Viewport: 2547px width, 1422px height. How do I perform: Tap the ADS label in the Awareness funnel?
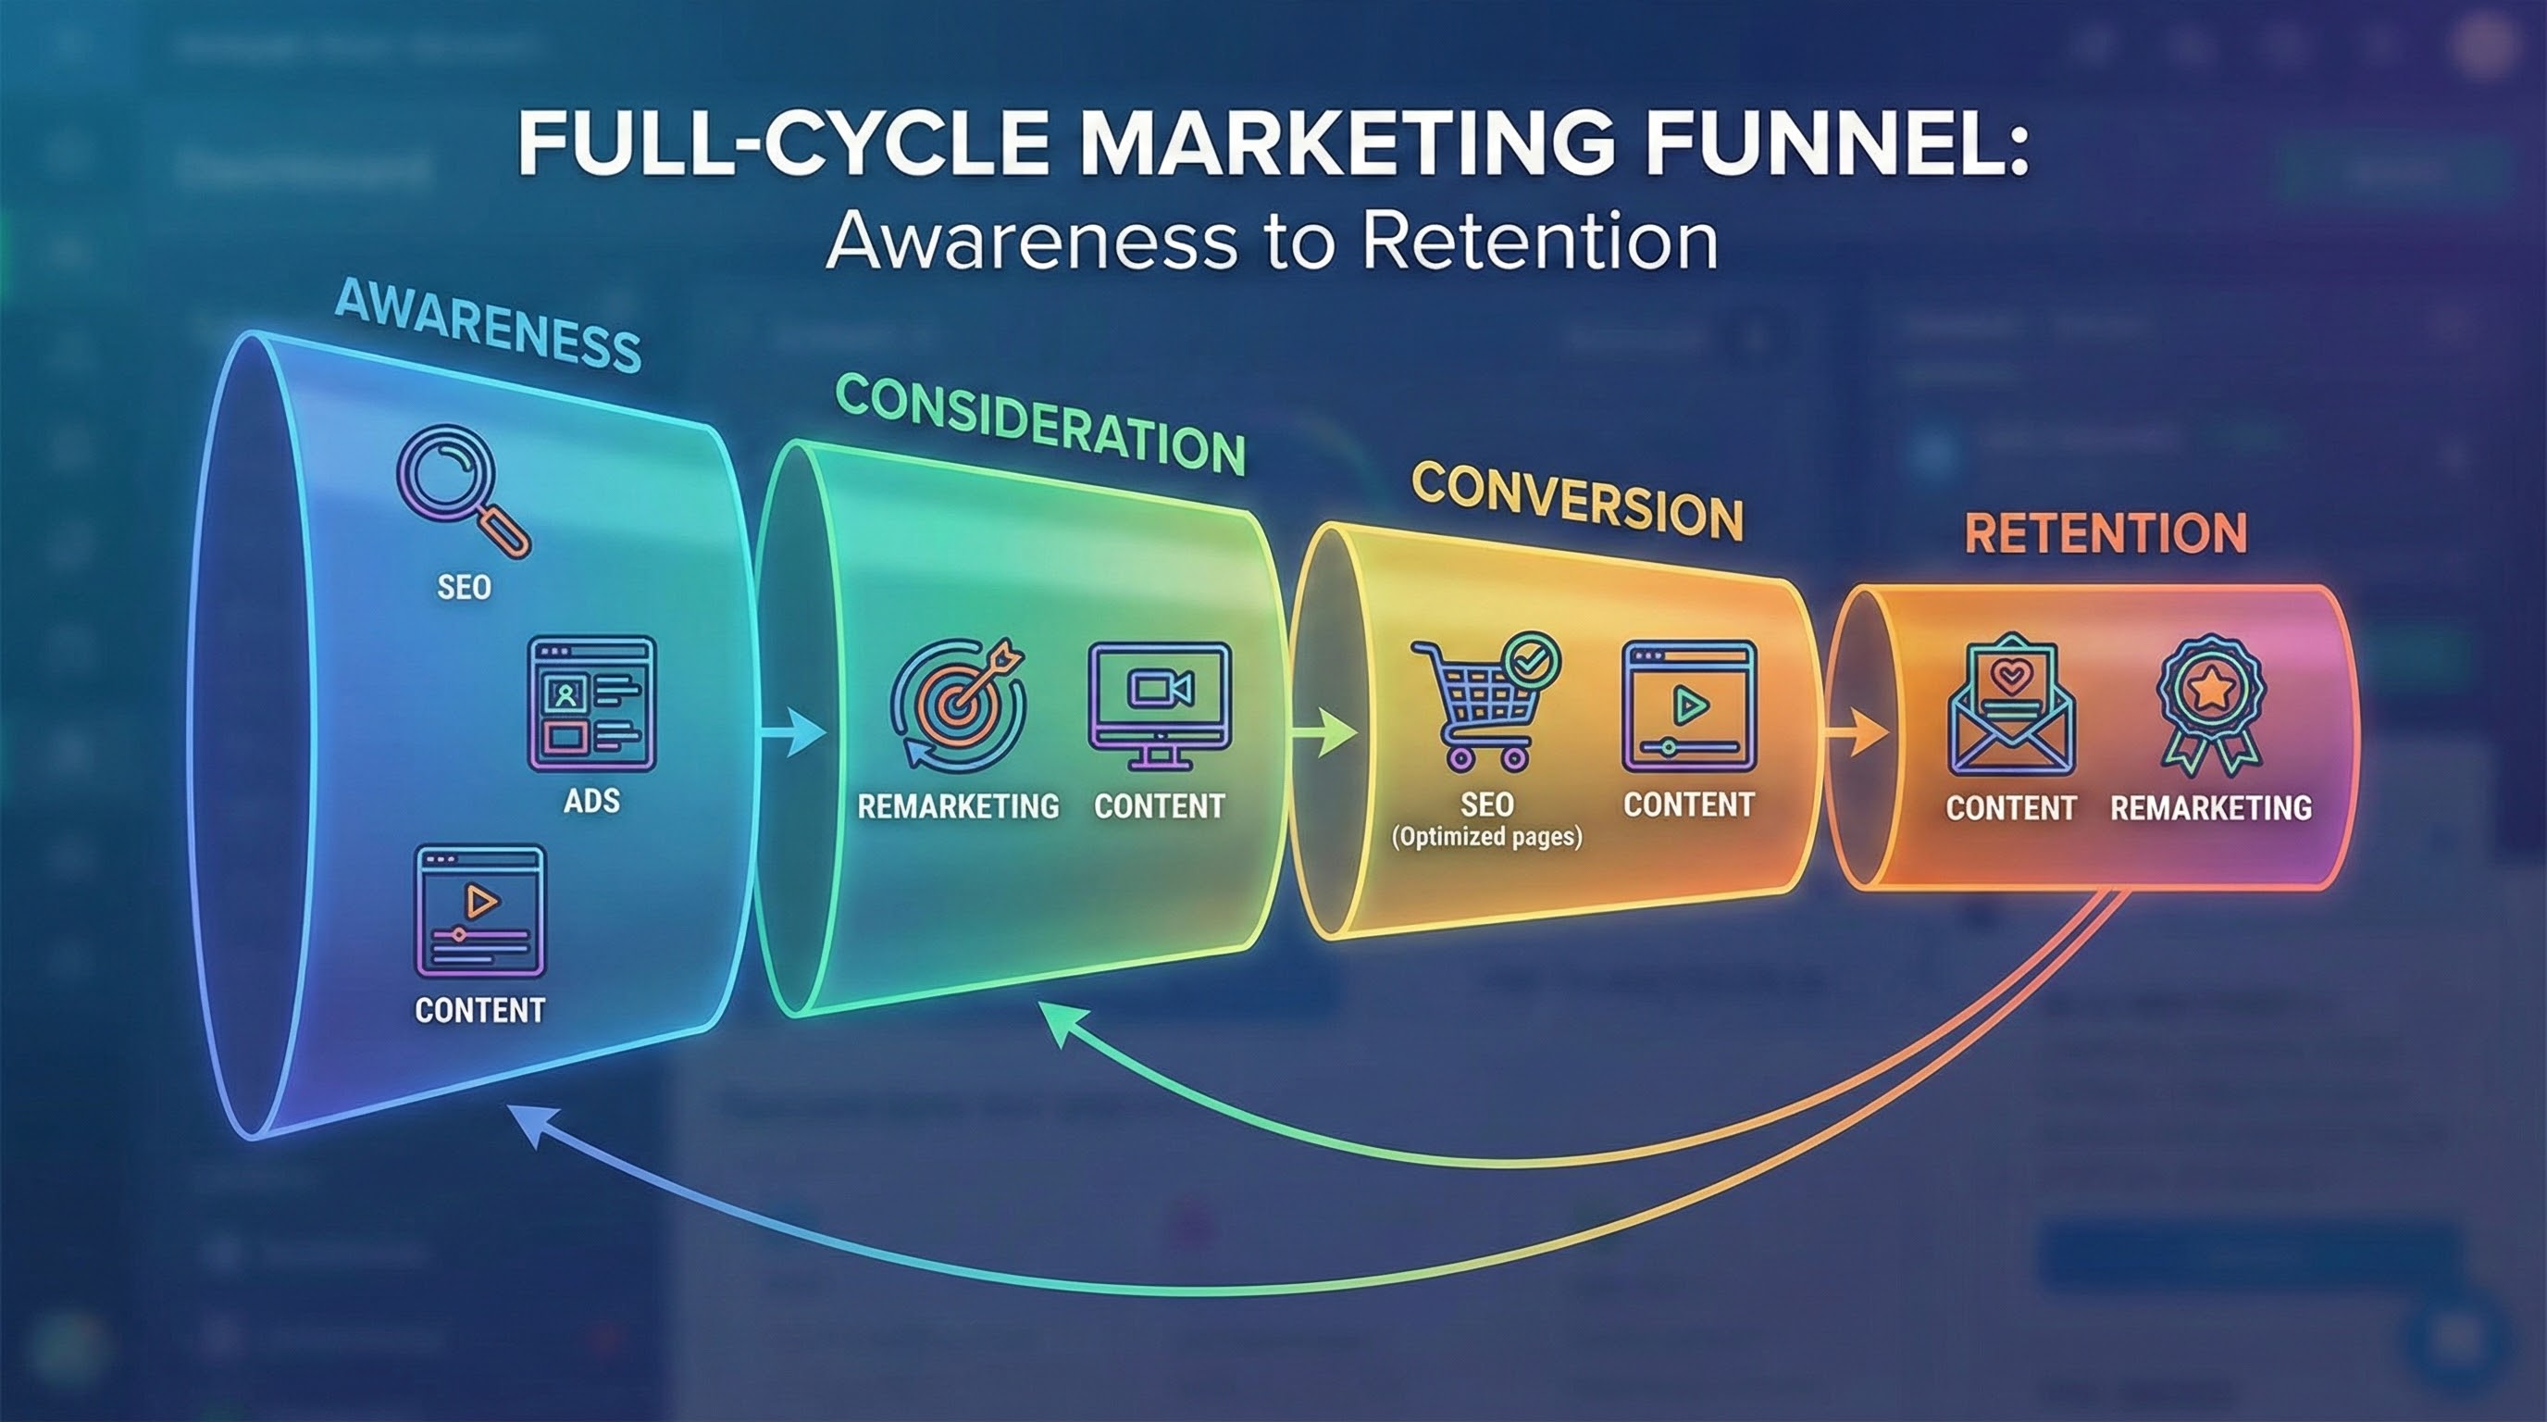591,800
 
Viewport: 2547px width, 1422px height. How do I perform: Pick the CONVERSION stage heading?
1577,503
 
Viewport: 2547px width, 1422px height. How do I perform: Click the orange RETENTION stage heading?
2105,533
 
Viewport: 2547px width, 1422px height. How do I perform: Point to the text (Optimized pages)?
1487,838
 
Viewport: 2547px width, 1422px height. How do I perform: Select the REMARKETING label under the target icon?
957,807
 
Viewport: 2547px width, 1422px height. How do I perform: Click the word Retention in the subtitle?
1538,242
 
